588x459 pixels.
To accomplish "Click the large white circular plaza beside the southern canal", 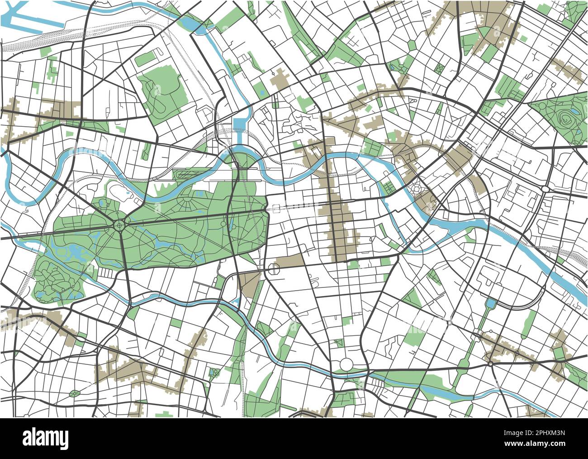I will coord(346,363).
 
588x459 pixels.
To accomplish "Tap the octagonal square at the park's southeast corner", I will coord(274,269).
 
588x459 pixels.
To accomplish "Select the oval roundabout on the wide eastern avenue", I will coord(545,188).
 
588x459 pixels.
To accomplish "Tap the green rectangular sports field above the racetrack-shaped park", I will coord(145,59).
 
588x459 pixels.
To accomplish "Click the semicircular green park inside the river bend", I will coord(243,159).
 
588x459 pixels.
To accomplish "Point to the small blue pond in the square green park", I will coord(213,372).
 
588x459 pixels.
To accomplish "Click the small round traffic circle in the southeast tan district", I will coord(490,363).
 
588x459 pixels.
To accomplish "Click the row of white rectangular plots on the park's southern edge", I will coord(107,273).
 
